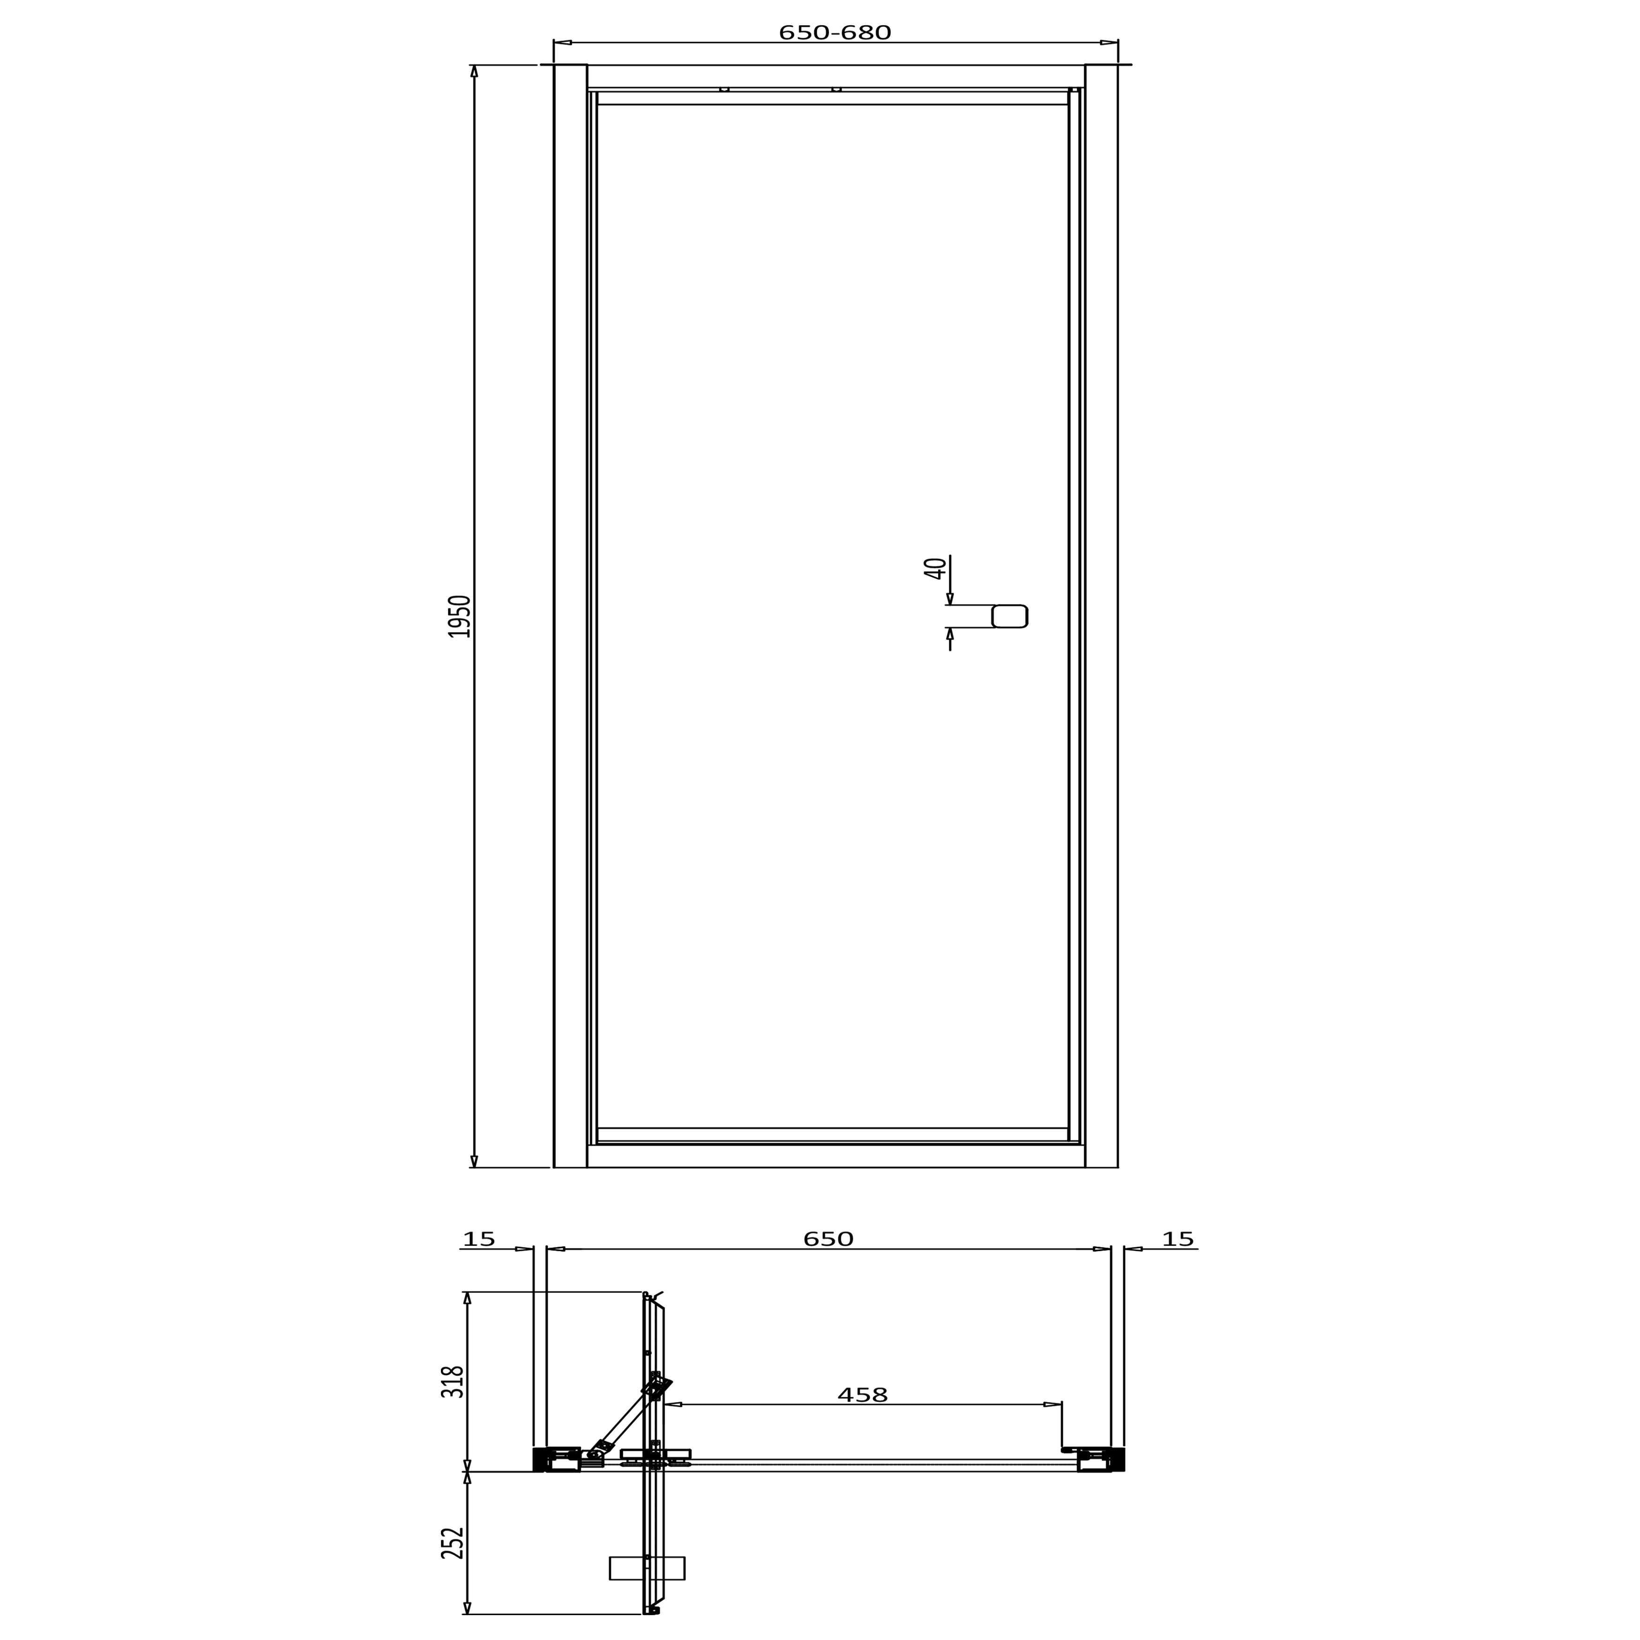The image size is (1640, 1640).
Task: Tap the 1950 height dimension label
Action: pyautogui.click(x=459, y=616)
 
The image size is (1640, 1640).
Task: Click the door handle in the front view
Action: pyautogui.click(x=1009, y=616)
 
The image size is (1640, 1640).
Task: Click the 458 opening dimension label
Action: pyautogui.click(x=862, y=1394)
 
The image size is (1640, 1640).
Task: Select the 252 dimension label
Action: pyautogui.click(x=453, y=1543)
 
